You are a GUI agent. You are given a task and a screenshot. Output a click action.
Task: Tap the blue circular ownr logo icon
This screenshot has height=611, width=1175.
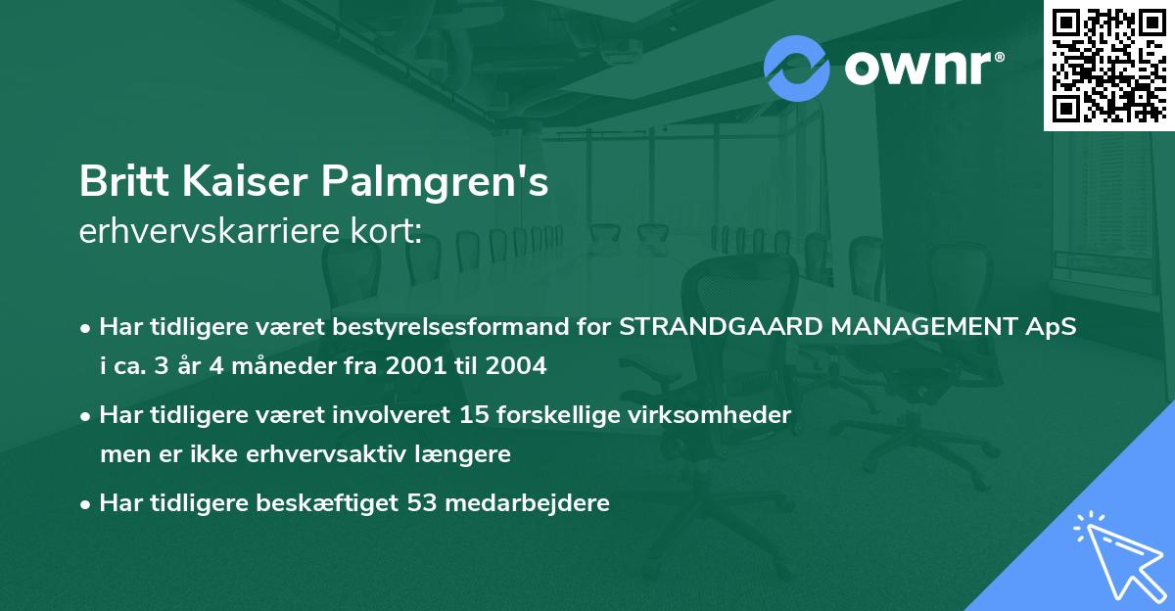click(797, 68)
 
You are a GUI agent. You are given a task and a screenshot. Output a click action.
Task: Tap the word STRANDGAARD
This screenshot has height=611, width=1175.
click(719, 327)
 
